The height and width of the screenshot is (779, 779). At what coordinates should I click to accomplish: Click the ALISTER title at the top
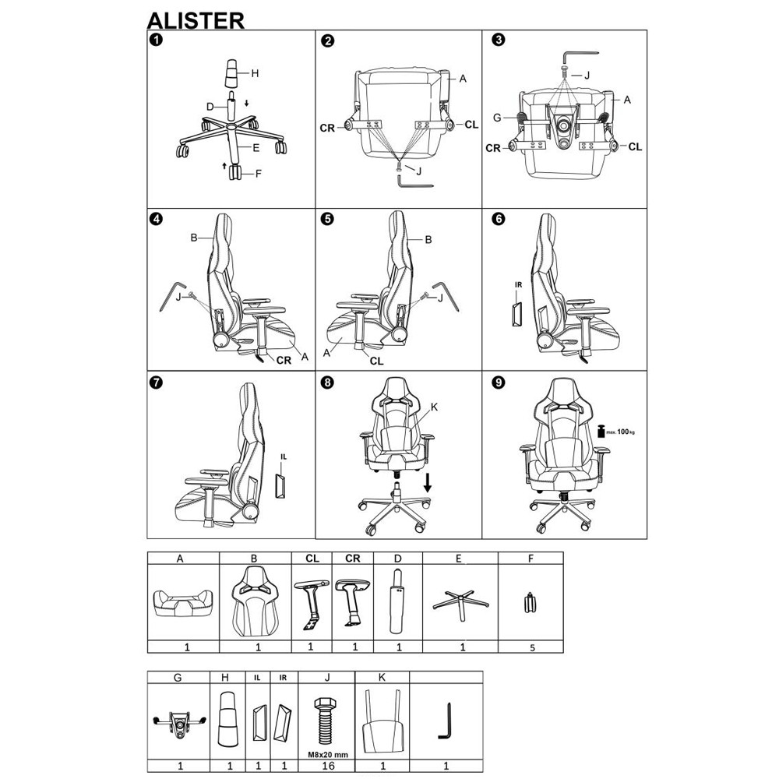tap(196, 19)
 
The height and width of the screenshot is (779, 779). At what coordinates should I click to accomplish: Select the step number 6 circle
tap(499, 219)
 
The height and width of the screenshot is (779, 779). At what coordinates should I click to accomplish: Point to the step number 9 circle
tap(499, 382)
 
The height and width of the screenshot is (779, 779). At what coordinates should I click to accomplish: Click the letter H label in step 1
tap(255, 74)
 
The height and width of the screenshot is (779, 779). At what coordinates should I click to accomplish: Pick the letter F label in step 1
tap(258, 174)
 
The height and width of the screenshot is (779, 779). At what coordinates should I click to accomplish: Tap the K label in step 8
tap(434, 406)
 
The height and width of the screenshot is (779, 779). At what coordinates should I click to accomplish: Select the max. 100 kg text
tap(621, 432)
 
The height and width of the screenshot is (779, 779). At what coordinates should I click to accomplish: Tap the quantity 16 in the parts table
tap(327, 766)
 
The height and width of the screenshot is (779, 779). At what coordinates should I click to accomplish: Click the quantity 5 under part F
tap(530, 647)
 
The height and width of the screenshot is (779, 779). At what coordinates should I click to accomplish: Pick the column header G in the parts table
tap(178, 677)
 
